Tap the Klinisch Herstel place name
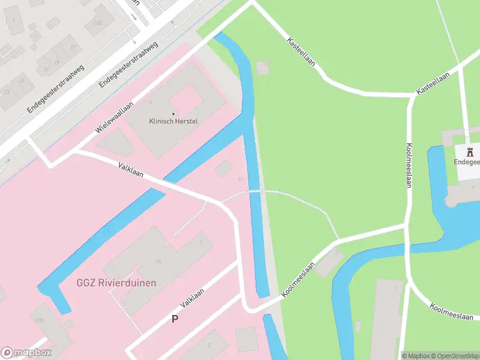click(173, 121)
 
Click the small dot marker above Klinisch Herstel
click(173, 113)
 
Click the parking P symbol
click(175, 319)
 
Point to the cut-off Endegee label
click(467, 162)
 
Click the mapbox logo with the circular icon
click(26, 353)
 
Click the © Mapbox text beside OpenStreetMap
click(416, 356)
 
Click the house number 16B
click(97, 22)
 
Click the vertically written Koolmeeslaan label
click(409, 165)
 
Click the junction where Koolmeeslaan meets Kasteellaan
click(411, 96)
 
